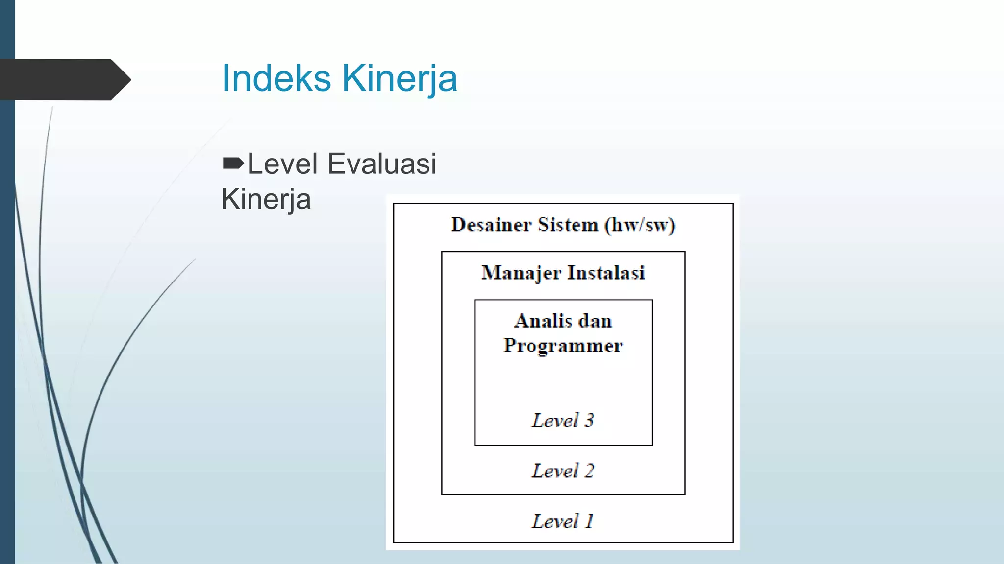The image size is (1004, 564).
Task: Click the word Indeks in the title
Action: click(x=276, y=78)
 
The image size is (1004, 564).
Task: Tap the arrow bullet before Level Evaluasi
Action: click(x=233, y=163)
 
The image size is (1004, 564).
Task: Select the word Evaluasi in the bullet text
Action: click(x=382, y=164)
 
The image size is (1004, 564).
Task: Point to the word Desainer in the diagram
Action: click(x=491, y=225)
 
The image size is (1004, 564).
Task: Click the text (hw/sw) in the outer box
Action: click(x=640, y=225)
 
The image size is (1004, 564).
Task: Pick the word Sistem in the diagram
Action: click(x=568, y=225)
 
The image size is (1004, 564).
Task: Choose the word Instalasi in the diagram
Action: click(x=606, y=273)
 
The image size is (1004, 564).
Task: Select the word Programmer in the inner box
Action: click(x=563, y=346)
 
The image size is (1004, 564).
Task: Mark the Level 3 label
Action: click(x=563, y=420)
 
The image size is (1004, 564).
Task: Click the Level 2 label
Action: click(x=563, y=471)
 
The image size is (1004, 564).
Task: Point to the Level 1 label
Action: click(x=563, y=521)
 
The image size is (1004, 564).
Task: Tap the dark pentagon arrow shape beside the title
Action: click(x=64, y=79)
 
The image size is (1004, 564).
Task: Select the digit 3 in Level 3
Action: click(x=589, y=420)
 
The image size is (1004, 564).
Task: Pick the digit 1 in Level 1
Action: click(x=589, y=521)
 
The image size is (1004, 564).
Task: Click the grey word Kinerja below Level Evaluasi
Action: click(x=266, y=199)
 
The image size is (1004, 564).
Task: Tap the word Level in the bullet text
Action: click(x=282, y=164)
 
